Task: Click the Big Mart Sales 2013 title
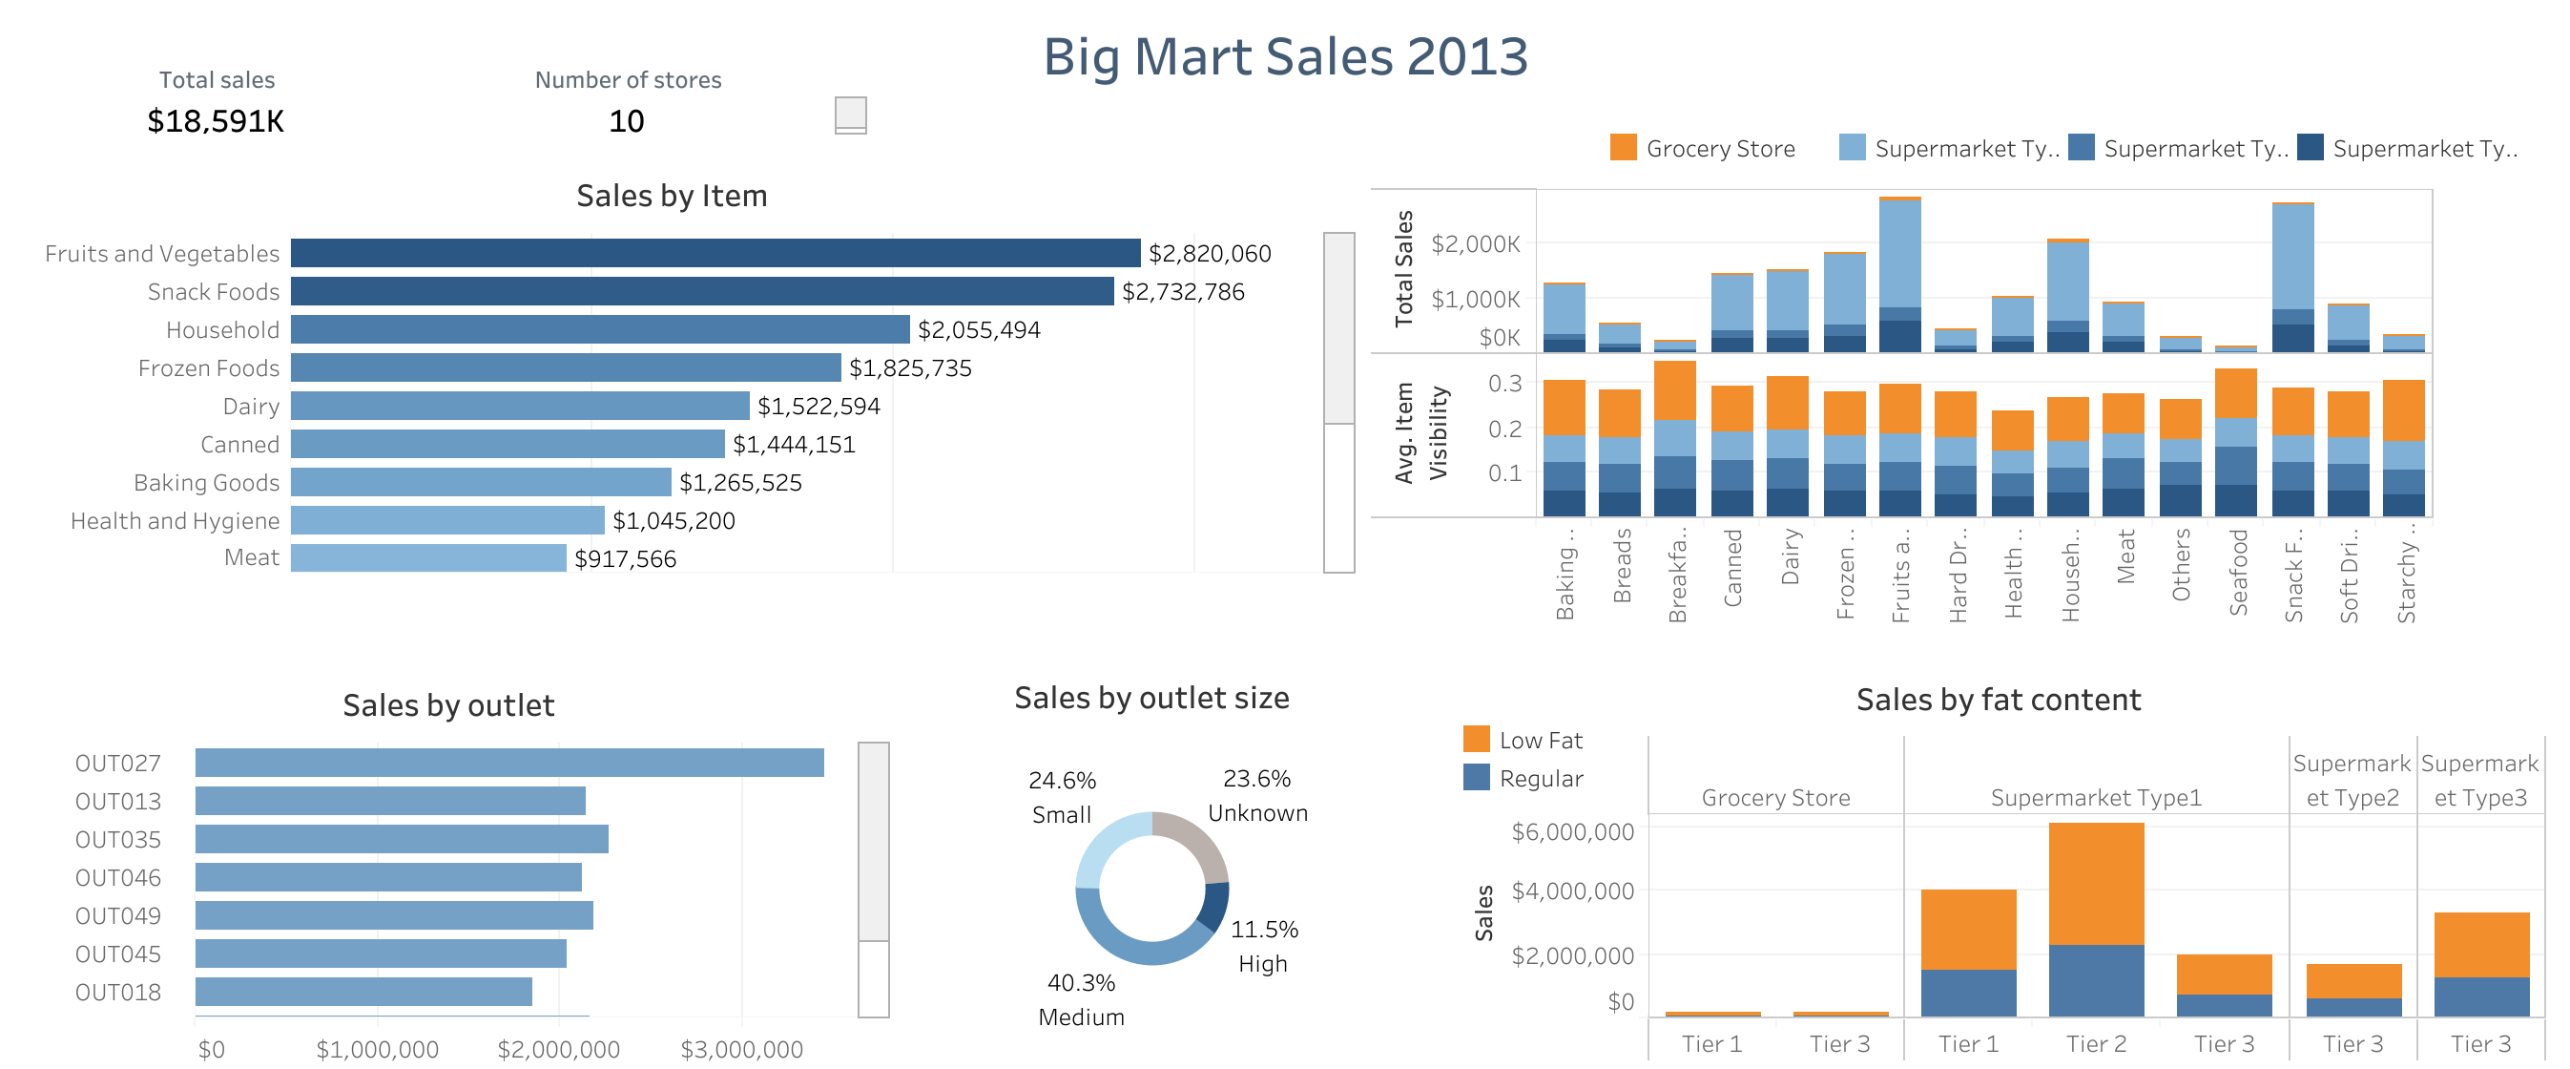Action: [x=1285, y=57]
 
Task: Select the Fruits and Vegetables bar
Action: [x=715, y=253]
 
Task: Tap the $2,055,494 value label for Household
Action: [x=978, y=330]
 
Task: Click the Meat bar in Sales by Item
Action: [x=428, y=558]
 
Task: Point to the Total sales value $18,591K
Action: [x=216, y=122]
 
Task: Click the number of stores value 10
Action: [x=627, y=122]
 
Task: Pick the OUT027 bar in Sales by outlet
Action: [x=508, y=763]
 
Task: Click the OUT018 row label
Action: [x=117, y=992]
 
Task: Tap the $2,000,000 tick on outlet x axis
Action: [x=559, y=1049]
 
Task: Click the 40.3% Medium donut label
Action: [x=1081, y=999]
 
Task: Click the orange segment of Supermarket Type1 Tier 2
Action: [x=2095, y=883]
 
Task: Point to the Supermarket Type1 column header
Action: [x=2095, y=798]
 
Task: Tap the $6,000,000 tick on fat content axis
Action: [x=1572, y=831]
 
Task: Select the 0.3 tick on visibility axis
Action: [x=1504, y=384]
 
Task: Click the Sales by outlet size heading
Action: [x=1151, y=698]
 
